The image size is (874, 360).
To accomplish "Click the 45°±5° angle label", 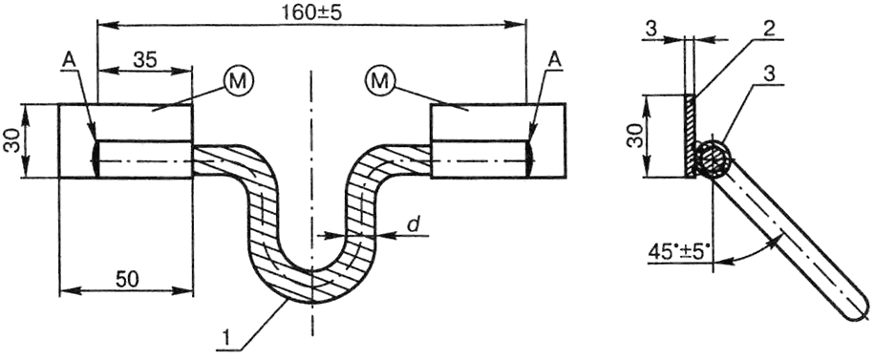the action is (679, 252).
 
